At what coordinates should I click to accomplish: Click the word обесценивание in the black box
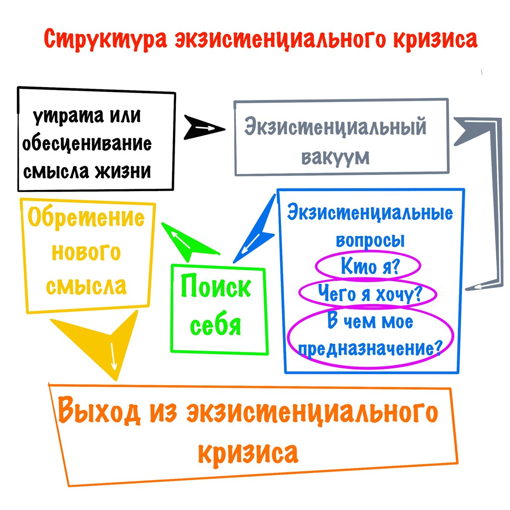[87, 144]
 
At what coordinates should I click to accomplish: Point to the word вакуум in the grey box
[336, 157]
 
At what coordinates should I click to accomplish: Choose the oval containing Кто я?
[368, 266]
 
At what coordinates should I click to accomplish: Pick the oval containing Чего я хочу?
[368, 293]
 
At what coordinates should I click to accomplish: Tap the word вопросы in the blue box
[370, 240]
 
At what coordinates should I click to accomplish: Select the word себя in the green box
[216, 325]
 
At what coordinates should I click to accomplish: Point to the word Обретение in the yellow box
[86, 218]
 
